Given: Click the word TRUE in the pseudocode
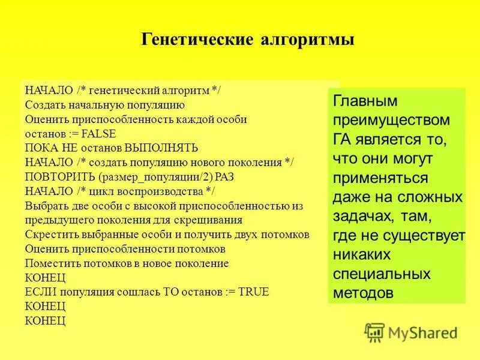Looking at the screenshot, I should [254, 292].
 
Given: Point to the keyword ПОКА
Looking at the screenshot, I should [40, 147].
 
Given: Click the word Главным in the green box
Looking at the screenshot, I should [365, 101].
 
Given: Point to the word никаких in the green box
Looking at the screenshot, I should [362, 255].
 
